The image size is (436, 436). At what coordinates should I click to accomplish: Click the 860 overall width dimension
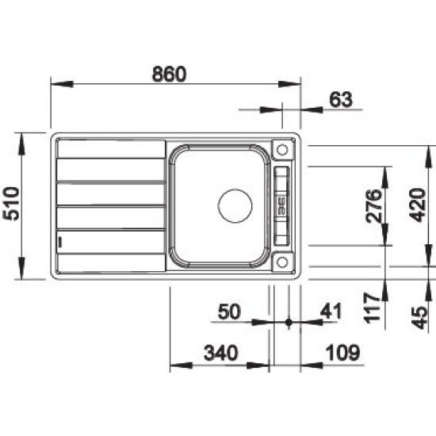click(x=169, y=74)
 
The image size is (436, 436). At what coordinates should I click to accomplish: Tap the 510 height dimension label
click(x=11, y=204)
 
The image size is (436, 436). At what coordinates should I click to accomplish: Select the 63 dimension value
click(x=341, y=100)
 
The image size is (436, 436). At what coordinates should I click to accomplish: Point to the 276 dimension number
click(x=373, y=206)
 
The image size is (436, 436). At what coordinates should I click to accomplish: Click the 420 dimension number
click(x=418, y=205)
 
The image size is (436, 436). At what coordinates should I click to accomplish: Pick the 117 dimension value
click(x=373, y=308)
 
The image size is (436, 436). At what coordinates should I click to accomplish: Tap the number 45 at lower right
click(x=419, y=318)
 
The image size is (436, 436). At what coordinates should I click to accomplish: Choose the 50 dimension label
click(x=229, y=312)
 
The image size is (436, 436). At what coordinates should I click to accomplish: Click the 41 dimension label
click(x=331, y=311)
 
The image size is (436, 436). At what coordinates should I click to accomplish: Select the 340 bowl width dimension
click(x=221, y=353)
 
